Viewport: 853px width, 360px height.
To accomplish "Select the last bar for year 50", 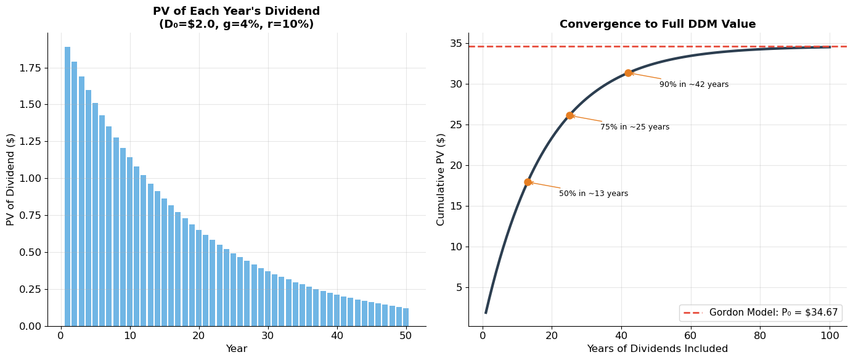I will point(406,317).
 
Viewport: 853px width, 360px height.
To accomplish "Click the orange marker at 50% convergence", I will point(528,182).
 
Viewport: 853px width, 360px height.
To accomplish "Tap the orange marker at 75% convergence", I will point(569,115).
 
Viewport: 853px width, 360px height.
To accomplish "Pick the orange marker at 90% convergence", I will point(628,73).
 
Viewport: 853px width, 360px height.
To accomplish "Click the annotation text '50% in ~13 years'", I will point(593,194).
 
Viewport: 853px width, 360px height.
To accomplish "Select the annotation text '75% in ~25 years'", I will point(634,127).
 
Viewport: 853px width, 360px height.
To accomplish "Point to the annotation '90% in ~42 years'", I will point(693,84).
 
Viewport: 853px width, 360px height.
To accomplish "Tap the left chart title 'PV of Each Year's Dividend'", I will point(236,12).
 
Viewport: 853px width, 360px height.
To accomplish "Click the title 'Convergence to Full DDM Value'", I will point(657,25).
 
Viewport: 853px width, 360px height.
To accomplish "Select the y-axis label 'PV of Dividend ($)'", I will point(10,179).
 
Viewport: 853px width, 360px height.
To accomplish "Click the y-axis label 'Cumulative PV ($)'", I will point(441,179).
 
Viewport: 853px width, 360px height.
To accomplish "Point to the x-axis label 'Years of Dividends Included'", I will point(657,349).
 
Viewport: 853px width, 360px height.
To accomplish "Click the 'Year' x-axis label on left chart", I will point(236,349).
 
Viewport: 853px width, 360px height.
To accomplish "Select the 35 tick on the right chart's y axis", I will point(455,43).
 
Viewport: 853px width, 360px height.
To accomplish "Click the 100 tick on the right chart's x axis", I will point(829,335).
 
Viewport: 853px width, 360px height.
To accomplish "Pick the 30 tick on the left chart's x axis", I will point(267,335).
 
